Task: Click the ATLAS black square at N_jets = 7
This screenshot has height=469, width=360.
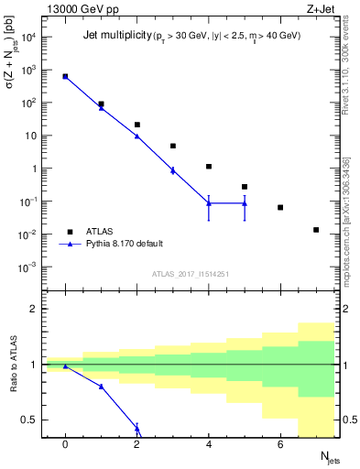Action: [316, 230]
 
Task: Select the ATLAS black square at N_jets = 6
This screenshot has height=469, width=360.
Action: [280, 208]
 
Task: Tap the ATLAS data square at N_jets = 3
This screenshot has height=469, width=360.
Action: [172, 146]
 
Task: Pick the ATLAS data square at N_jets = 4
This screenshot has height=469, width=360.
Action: [209, 167]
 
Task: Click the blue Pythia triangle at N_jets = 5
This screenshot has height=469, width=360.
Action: [245, 203]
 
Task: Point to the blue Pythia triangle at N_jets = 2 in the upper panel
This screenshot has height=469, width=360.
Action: [136, 136]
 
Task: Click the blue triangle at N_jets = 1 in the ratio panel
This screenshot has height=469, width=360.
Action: [101, 387]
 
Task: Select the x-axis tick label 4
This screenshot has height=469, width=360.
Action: [209, 444]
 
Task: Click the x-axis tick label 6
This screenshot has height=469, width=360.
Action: [280, 444]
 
